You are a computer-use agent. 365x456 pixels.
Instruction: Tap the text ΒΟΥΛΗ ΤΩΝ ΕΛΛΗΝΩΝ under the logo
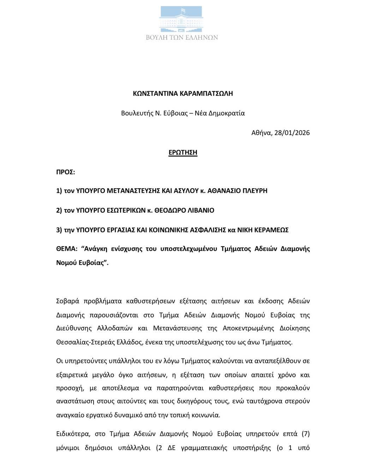tap(182, 37)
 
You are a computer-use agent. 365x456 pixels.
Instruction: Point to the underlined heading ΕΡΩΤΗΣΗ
tap(183, 152)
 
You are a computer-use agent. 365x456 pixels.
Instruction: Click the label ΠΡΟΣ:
tap(66, 172)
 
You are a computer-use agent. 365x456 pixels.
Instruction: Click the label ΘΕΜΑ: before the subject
tap(66, 249)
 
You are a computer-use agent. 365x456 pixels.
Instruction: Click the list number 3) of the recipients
tap(59, 230)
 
